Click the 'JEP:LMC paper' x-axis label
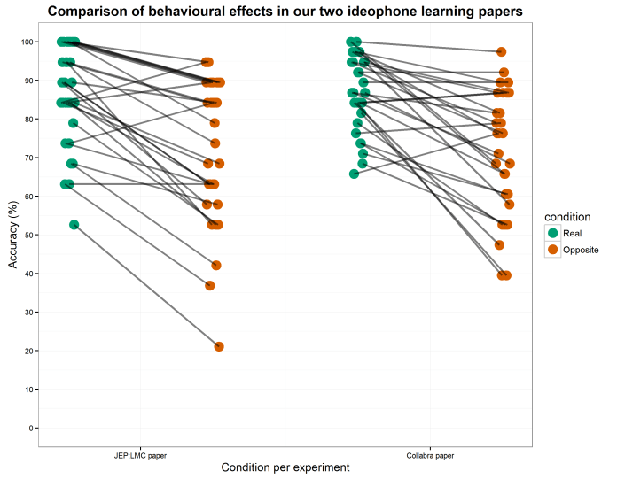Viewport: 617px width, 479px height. [141, 455]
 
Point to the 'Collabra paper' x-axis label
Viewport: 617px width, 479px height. [430, 455]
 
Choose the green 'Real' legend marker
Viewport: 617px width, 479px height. [553, 233]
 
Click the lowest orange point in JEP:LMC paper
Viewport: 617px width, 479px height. [219, 346]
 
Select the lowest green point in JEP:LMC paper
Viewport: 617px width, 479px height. [74, 225]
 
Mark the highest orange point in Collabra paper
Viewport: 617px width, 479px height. [502, 52]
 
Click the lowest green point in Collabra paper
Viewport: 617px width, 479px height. [354, 174]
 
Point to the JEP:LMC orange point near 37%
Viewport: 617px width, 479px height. [210, 285]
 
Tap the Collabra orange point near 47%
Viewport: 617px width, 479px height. [500, 245]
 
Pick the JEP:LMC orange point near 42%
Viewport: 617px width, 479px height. [215, 266]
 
